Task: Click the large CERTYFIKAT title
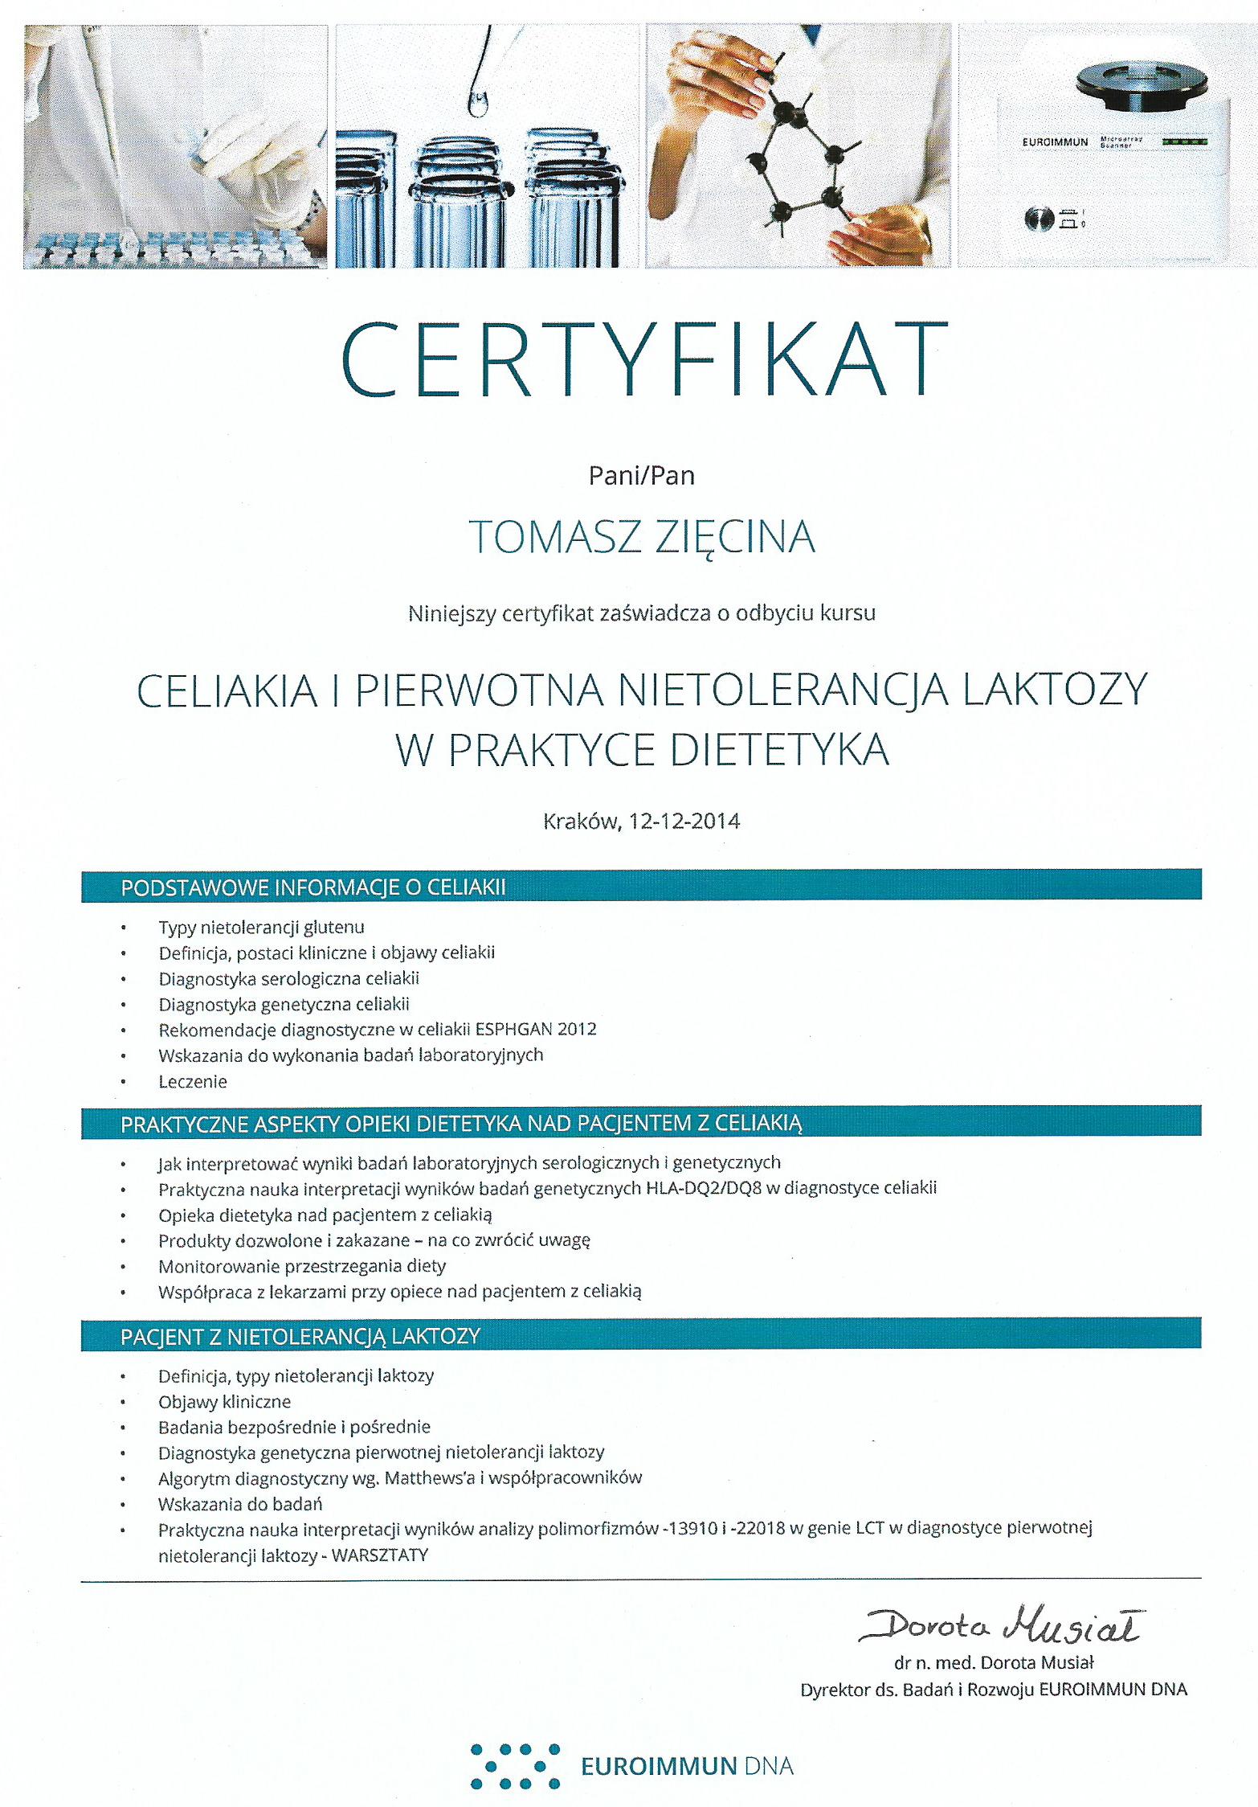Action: point(644,359)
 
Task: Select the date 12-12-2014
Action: point(684,821)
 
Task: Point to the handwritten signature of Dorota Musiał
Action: point(1000,1627)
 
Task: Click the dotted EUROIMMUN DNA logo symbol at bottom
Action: point(515,1765)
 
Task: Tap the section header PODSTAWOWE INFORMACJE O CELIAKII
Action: point(313,887)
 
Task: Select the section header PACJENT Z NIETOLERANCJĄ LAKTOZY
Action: point(300,1336)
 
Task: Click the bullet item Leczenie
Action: point(193,1081)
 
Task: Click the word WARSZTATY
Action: point(380,1555)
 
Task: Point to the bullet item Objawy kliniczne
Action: point(224,1401)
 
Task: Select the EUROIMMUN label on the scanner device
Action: point(1055,142)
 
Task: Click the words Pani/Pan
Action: point(641,476)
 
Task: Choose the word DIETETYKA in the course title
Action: point(778,749)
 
